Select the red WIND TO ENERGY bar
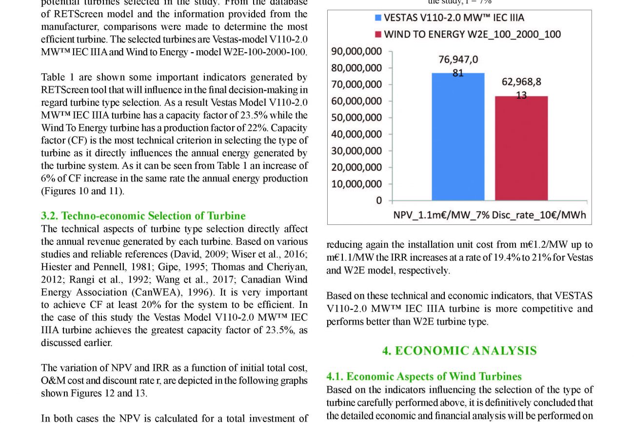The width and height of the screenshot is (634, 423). (521, 149)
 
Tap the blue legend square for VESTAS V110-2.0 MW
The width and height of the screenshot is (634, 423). (377, 18)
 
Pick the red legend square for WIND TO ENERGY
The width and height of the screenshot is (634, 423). (377, 35)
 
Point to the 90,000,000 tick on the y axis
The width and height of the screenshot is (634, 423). (357, 51)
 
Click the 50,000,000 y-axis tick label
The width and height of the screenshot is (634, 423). (357, 118)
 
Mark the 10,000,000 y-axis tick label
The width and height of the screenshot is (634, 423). (357, 184)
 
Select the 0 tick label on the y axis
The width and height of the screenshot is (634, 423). (379, 201)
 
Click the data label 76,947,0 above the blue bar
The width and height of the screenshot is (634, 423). (458, 60)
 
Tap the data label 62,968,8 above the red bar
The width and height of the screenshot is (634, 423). (521, 82)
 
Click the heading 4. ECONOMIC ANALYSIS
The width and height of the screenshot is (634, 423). (459, 351)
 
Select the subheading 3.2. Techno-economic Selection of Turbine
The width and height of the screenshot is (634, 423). (143, 216)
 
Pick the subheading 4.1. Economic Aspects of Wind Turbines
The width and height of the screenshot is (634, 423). (424, 376)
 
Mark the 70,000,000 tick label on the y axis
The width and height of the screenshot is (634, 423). (357, 84)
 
